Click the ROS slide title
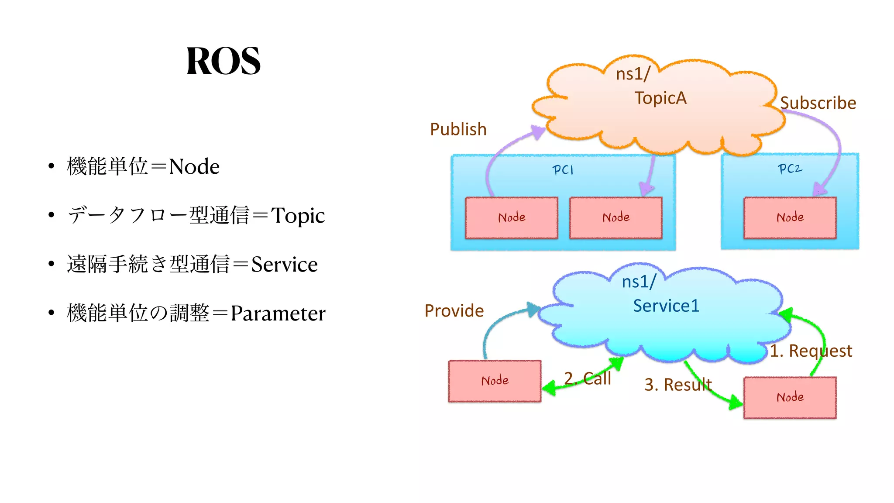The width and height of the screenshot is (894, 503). tap(223, 61)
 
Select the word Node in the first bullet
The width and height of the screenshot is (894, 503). tap(194, 167)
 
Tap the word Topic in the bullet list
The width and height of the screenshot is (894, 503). tap(298, 216)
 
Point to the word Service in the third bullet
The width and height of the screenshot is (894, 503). tap(284, 265)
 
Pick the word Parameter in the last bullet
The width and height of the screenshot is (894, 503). tap(278, 314)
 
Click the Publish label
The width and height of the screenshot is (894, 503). tap(458, 129)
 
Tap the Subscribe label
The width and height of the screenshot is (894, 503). tap(818, 103)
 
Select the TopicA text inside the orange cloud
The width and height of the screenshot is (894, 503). tap(660, 98)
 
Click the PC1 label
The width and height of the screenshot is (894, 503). tap(563, 169)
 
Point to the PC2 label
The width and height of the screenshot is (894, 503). tap(790, 169)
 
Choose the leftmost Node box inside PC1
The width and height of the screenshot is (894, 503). tap(512, 217)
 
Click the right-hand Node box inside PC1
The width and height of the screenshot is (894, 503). tap(616, 217)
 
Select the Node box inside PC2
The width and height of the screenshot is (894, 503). tap(790, 217)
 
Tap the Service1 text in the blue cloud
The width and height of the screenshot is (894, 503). tap(666, 306)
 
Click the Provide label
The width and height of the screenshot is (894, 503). tap(454, 311)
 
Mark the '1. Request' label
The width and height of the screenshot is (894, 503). tap(811, 351)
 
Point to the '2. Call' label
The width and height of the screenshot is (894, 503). tap(588, 378)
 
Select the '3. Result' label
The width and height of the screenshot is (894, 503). tap(678, 385)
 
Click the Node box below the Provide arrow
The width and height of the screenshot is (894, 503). tap(495, 381)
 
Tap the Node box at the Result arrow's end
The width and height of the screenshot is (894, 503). tap(790, 397)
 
